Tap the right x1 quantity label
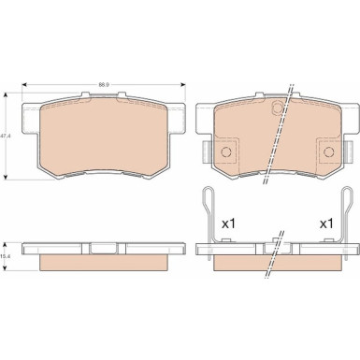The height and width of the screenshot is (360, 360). [326, 224]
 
